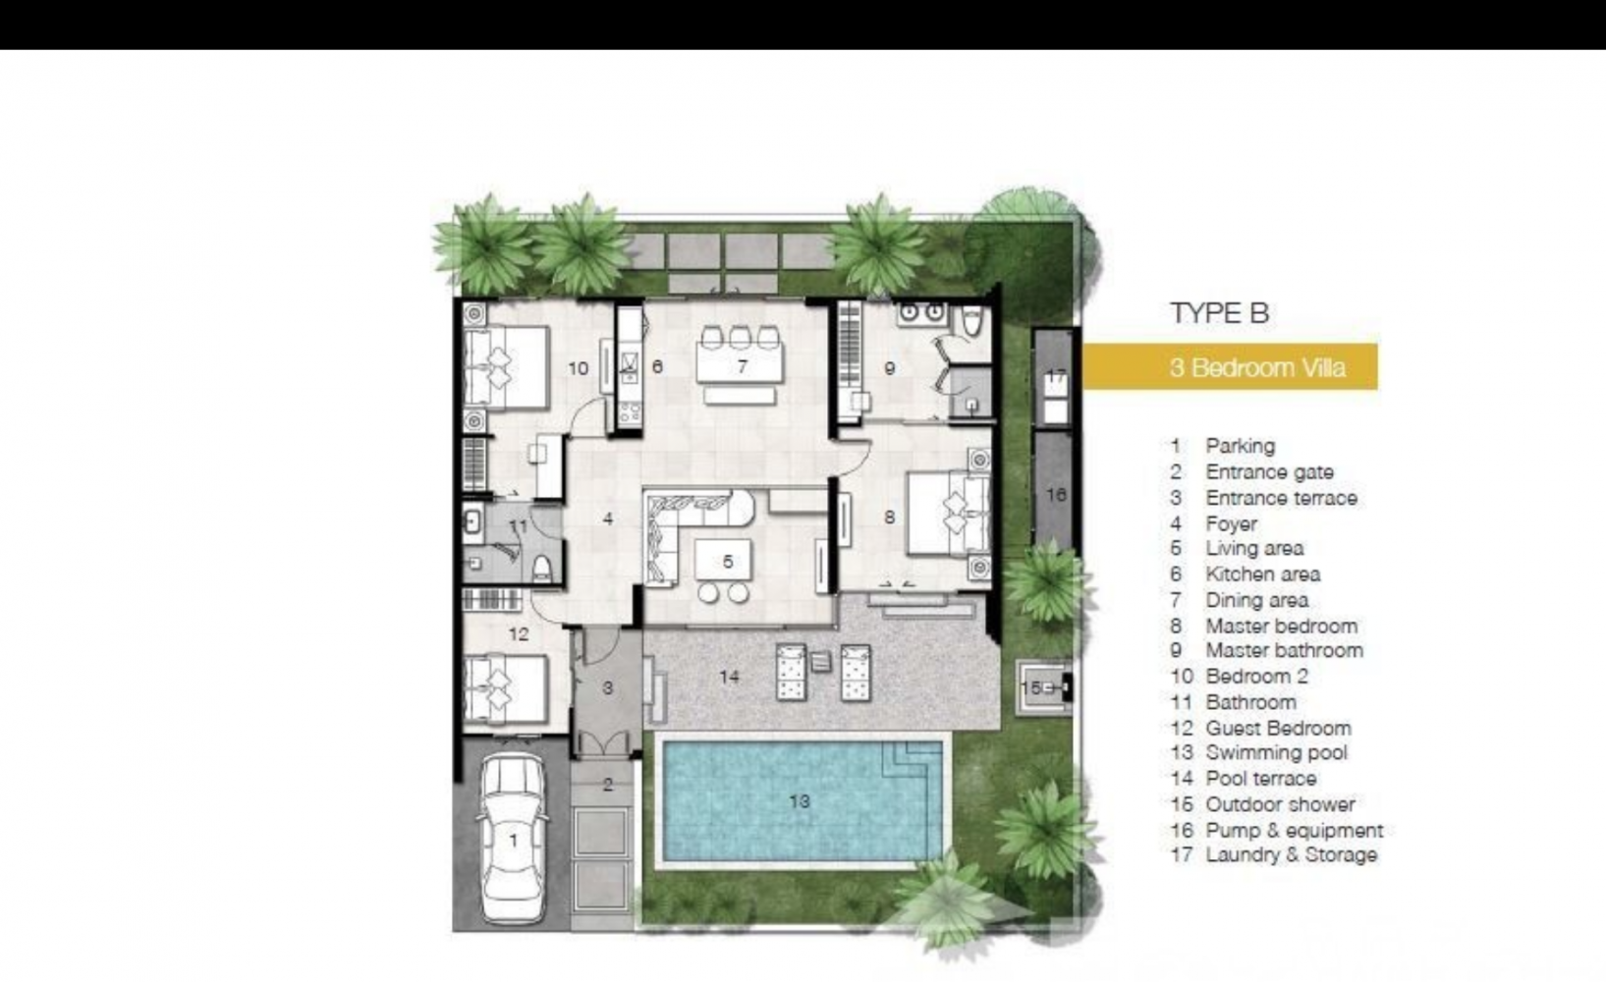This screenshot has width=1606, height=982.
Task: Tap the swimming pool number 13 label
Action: tap(800, 801)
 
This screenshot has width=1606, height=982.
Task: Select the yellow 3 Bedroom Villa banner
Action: tap(1230, 367)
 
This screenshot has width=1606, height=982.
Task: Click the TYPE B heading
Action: tap(1220, 313)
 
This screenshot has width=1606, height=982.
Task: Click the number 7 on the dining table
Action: tap(743, 366)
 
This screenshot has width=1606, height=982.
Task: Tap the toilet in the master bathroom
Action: tap(972, 320)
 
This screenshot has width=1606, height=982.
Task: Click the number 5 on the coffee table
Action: tap(729, 562)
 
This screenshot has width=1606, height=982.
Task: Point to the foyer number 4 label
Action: tap(608, 518)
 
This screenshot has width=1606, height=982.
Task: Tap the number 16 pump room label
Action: tap(1056, 495)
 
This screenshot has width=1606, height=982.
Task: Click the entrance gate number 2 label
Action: tap(608, 785)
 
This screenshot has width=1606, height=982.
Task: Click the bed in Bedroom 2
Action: tap(506, 367)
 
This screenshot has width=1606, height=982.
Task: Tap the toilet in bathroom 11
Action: tap(543, 568)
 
